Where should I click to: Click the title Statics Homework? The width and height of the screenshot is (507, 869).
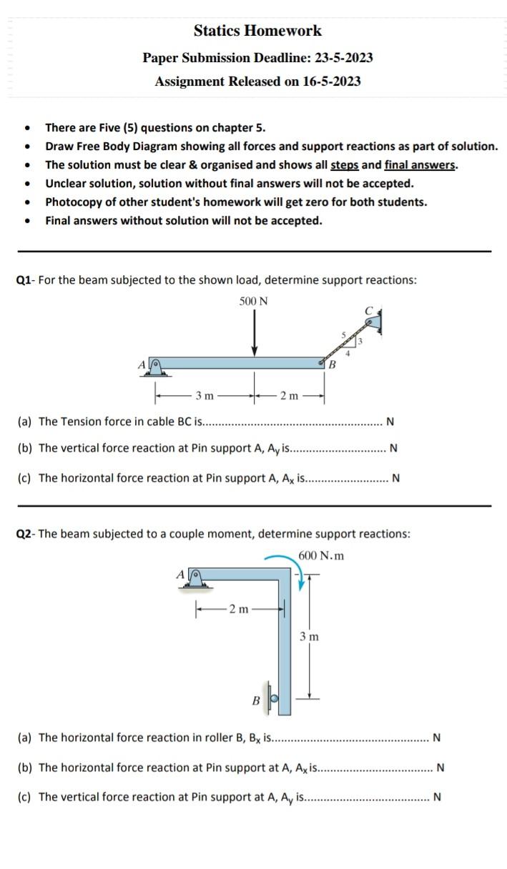257,31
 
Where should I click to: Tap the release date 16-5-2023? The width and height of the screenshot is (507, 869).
331,81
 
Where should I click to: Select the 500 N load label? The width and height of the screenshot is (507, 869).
254,301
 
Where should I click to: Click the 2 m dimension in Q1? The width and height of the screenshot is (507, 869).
290,395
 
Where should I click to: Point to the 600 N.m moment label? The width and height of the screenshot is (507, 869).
321,555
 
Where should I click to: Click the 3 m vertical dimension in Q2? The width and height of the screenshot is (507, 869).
310,636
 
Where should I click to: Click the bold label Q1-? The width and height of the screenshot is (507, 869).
26,280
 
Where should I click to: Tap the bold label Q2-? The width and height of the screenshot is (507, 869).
26,534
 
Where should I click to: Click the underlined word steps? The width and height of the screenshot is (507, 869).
345,165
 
